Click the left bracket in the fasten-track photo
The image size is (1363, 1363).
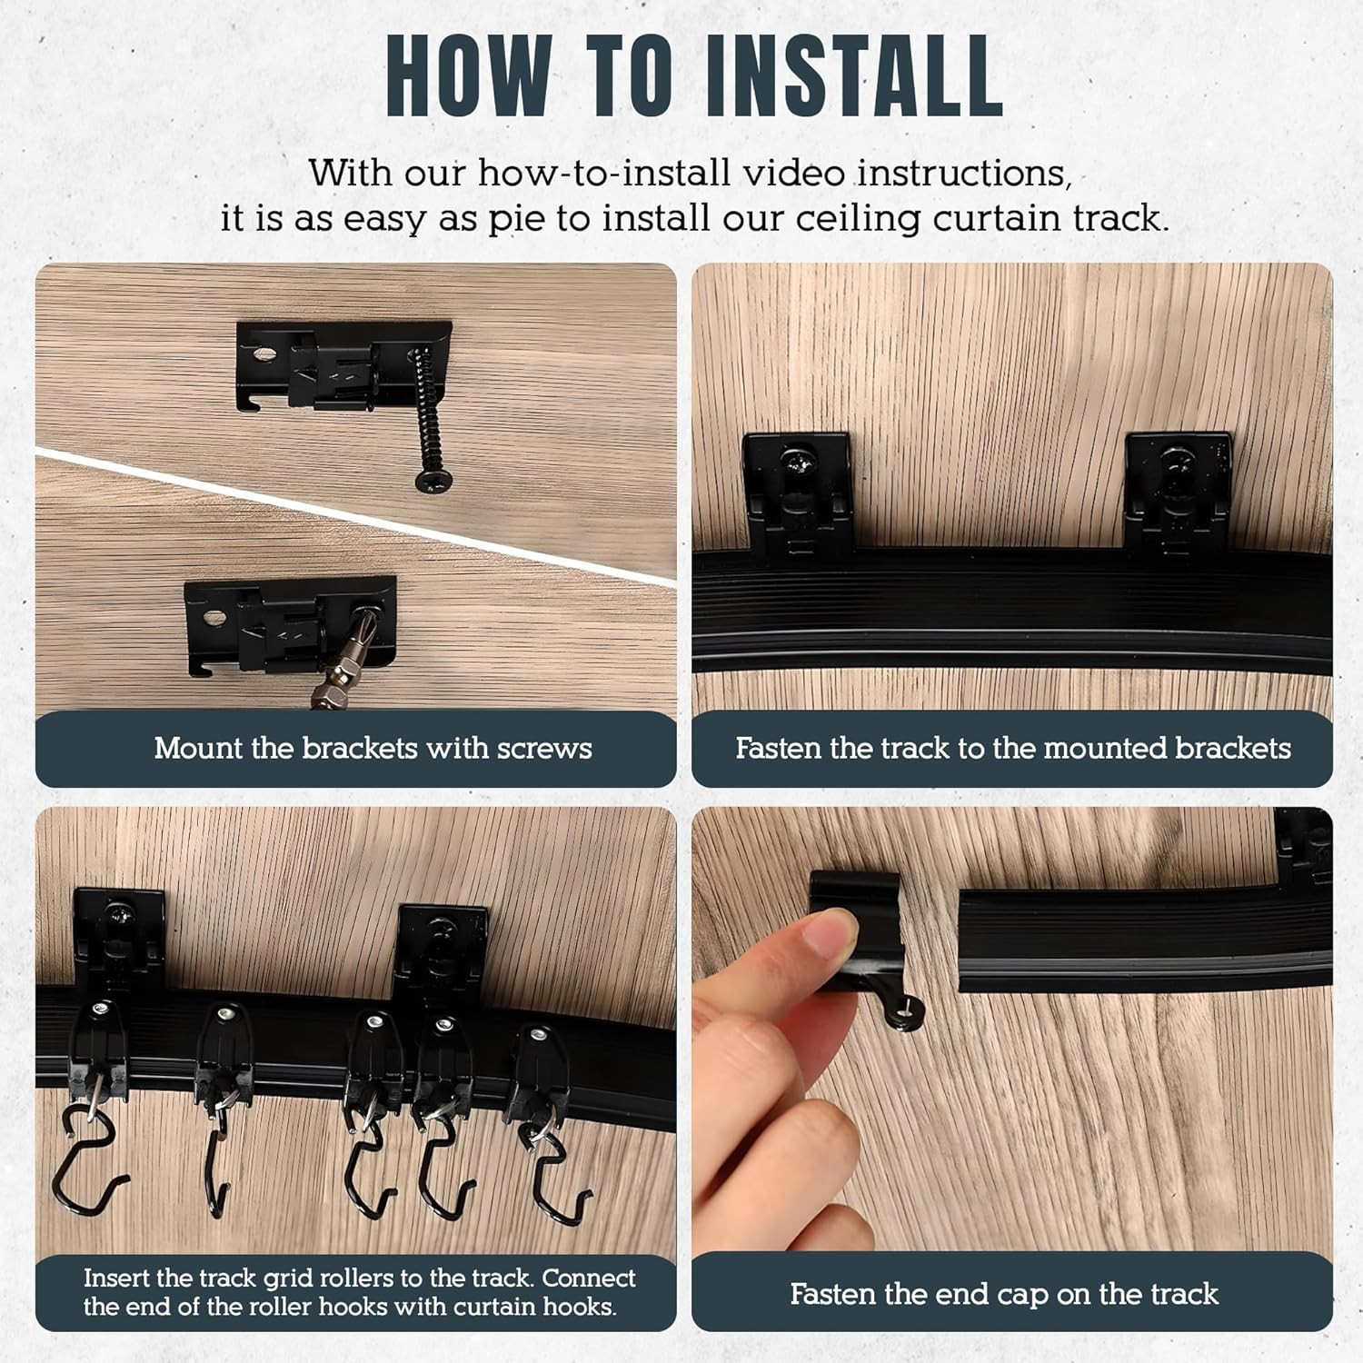pos(797,494)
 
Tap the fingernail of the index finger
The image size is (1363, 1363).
pos(832,933)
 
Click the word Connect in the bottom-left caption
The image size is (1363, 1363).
pos(589,1278)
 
